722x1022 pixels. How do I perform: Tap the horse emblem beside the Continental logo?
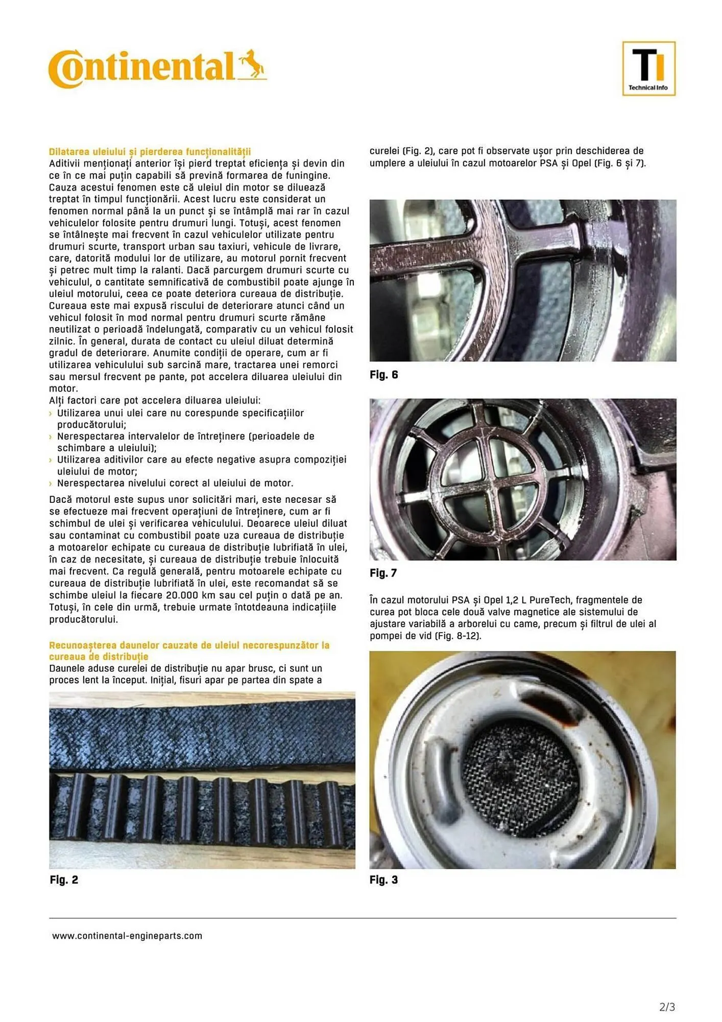252,65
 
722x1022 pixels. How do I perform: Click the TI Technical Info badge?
648,68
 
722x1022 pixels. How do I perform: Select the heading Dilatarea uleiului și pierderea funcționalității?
150,152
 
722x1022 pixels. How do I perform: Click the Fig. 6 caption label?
383,375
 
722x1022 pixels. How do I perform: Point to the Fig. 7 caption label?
383,573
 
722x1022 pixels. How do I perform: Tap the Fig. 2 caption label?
64,879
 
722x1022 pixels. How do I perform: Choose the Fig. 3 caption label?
383,879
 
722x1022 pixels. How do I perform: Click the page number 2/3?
667,1007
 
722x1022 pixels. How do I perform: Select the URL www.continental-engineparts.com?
127,936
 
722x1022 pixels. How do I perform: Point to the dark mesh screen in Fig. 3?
520,768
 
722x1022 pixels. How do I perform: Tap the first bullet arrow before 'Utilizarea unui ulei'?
51,413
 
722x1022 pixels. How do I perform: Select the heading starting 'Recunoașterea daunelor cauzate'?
189,645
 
